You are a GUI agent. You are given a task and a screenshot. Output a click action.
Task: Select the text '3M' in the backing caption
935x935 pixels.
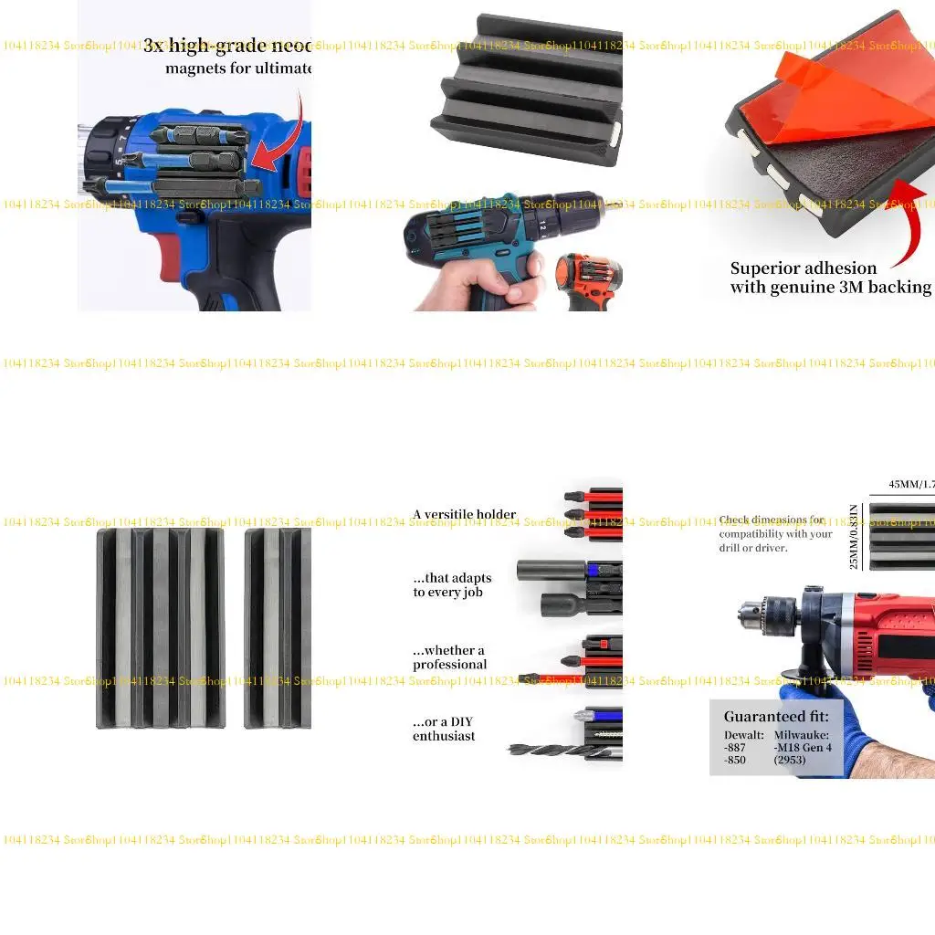(849, 288)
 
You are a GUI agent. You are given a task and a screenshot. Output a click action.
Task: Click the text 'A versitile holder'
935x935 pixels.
(464, 514)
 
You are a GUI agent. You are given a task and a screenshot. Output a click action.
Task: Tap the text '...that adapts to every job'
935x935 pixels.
(452, 585)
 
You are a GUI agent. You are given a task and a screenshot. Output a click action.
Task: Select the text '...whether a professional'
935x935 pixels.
(449, 657)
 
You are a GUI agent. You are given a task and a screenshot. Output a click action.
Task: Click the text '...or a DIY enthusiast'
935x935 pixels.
(444, 729)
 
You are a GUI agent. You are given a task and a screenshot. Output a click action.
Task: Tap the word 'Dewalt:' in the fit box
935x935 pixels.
(744, 734)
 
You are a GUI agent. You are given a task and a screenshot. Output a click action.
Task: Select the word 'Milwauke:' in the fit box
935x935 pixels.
(803, 734)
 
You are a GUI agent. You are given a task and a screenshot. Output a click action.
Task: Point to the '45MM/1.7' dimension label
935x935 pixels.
(911, 485)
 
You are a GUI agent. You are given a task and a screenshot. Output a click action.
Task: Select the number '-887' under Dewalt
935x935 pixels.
(735, 747)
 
